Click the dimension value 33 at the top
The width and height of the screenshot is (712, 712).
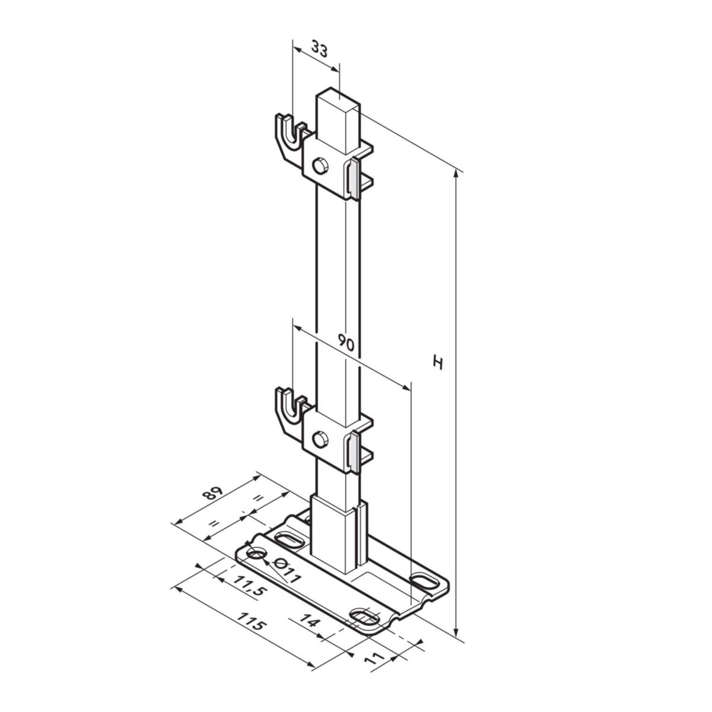pyautogui.click(x=319, y=50)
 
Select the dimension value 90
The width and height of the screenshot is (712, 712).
pyautogui.click(x=346, y=342)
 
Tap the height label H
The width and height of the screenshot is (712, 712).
pyautogui.click(x=438, y=362)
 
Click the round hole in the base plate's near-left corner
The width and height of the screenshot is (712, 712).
pyautogui.click(x=256, y=553)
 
